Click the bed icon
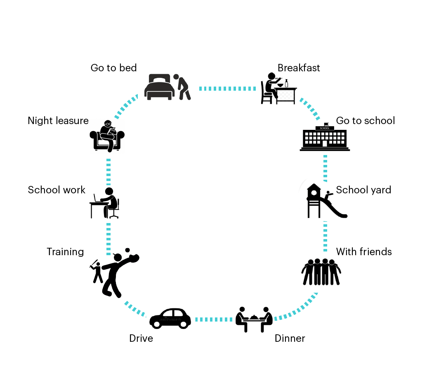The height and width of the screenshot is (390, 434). [x=158, y=87]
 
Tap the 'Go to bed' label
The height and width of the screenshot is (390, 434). [x=113, y=68]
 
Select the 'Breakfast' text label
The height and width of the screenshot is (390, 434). [x=299, y=68]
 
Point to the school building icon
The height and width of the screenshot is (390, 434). [x=325, y=137]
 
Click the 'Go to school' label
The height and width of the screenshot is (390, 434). [x=365, y=120]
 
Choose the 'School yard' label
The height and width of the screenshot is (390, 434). [x=363, y=190]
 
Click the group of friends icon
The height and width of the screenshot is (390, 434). [x=321, y=272]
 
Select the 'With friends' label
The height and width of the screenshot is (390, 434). [x=363, y=251]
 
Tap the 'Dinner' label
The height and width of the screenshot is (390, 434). [x=290, y=338]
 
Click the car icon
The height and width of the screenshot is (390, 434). [x=170, y=318]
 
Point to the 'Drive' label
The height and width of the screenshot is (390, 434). [x=141, y=338]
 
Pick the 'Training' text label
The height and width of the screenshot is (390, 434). [x=65, y=251]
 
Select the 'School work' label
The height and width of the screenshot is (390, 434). [x=57, y=190]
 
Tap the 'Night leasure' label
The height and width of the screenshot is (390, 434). [x=58, y=120]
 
